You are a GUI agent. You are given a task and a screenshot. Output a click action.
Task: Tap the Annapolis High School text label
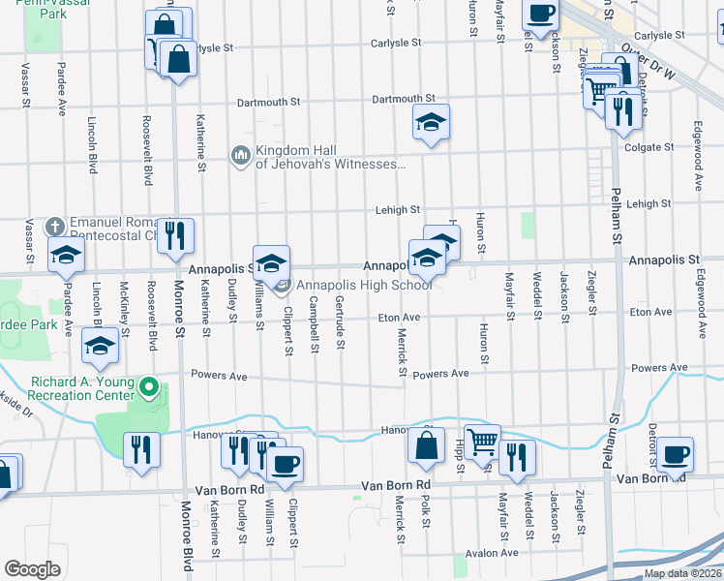364,285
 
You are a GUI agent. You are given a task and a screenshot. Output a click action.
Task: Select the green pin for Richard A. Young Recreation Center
148,388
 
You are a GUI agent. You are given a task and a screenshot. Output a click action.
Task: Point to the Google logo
32,569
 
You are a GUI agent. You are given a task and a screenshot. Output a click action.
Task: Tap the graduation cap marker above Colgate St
431,123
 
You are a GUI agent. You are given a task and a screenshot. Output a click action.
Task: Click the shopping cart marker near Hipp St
481,443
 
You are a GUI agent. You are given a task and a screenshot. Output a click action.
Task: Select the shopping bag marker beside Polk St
426,446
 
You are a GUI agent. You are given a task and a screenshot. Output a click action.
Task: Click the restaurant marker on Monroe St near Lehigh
175,234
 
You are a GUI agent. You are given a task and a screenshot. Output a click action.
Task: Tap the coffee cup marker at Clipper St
284,464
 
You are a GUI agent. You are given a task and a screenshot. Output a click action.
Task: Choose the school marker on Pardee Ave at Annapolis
66,255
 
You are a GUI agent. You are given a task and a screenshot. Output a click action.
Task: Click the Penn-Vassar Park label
27,11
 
